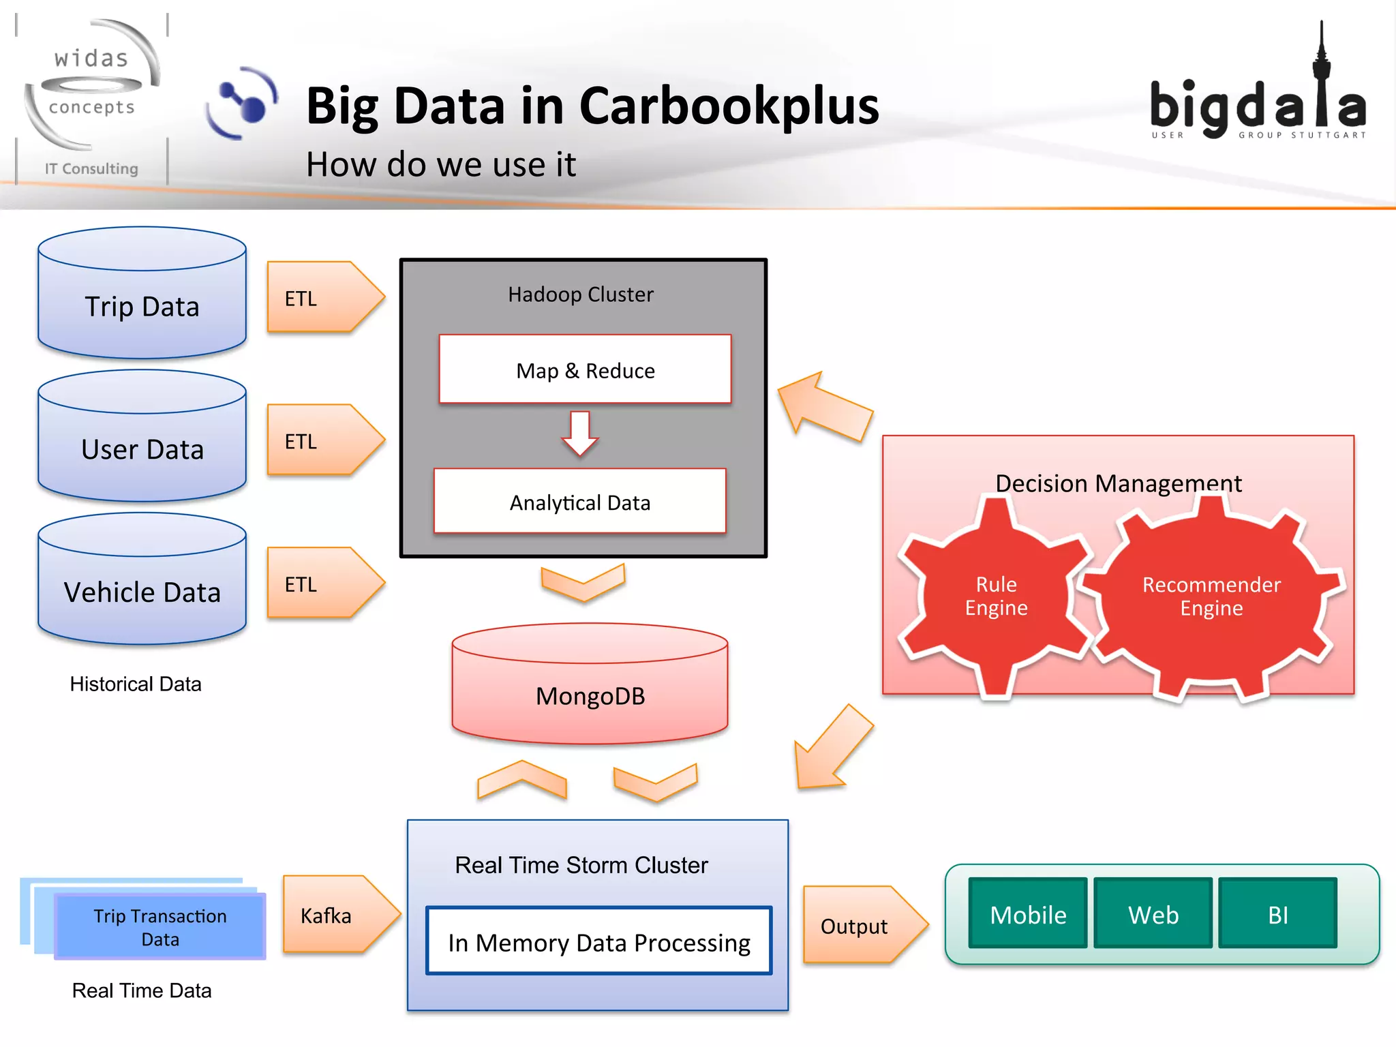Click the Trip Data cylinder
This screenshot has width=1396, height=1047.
[x=142, y=300]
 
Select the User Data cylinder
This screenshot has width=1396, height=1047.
[x=142, y=443]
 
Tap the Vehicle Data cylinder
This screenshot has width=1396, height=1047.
[x=142, y=586]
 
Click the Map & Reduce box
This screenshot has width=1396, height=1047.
[x=585, y=369]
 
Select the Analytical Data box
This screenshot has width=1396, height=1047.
[x=580, y=502]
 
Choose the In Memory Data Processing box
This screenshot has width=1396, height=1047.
[x=598, y=941]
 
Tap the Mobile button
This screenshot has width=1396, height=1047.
[x=1028, y=914]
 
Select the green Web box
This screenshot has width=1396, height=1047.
[x=1153, y=914]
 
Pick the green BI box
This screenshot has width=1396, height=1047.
[x=1277, y=914]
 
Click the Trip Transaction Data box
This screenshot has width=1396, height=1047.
[x=160, y=927]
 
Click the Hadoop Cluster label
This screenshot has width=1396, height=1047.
[x=581, y=294]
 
